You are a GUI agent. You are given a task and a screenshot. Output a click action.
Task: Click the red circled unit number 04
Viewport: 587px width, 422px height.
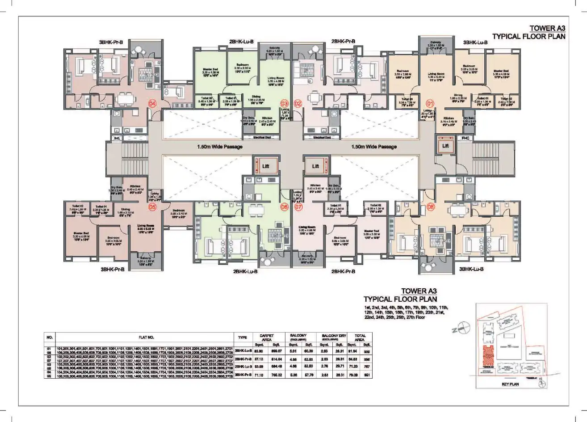(153, 104)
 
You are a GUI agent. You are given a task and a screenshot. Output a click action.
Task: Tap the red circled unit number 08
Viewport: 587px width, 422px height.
(431, 207)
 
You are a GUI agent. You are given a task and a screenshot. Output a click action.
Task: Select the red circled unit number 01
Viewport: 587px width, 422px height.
(431, 101)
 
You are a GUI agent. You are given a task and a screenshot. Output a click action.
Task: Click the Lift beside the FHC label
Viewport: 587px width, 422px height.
(445, 146)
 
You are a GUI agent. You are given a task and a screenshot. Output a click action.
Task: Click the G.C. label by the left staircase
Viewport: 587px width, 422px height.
(117, 138)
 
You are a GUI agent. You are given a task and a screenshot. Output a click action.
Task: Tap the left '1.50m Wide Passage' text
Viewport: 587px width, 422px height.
(220, 147)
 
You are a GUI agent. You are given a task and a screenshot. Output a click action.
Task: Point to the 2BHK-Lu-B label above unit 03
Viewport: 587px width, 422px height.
(241, 42)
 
